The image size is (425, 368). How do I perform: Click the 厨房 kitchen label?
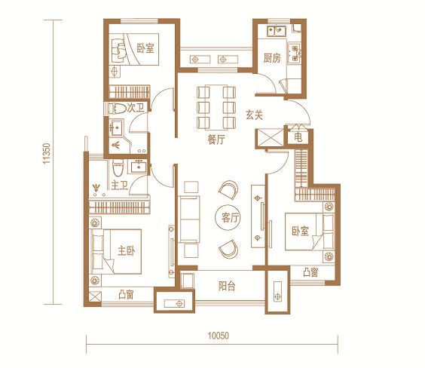coord(272,58)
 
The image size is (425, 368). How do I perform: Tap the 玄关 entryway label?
coord(254,115)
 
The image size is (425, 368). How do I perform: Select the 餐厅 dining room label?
coord(216,140)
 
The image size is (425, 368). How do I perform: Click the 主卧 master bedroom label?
coord(127,251)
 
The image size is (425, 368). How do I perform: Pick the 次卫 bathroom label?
coord(136,108)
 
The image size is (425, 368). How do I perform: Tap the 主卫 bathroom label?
coord(120,186)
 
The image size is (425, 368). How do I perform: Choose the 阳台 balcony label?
coord(227,286)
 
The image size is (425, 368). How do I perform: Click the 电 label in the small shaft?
coord(298,137)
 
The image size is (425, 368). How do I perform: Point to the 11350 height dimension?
coord(47,154)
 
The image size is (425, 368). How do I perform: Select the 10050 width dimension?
coord(219,336)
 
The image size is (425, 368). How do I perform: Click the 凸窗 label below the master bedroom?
coord(126,295)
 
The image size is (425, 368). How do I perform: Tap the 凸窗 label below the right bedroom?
coord(310,272)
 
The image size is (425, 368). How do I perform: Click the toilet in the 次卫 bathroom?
coord(118,109)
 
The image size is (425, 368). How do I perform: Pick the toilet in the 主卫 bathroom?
coord(118,168)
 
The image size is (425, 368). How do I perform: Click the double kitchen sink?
coord(277,31)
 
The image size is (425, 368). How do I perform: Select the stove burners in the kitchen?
coord(295,53)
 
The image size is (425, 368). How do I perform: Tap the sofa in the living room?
coord(189,219)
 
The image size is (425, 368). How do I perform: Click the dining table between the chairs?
coord(216,107)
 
